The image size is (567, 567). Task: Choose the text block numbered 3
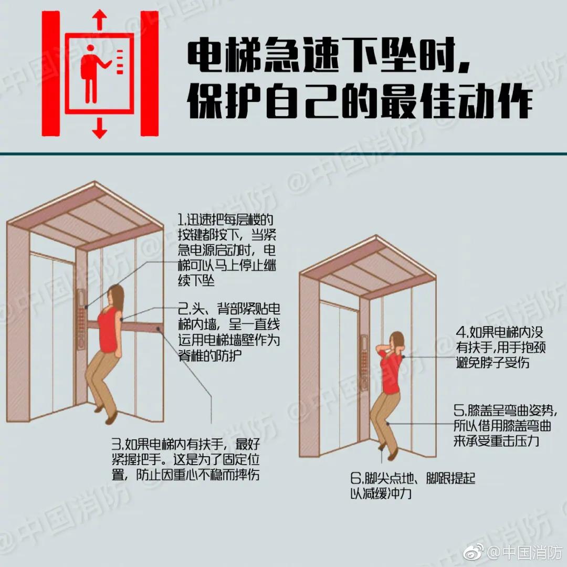point(186,460)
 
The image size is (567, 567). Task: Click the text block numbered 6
point(413,486)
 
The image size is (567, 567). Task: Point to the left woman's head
point(115,295)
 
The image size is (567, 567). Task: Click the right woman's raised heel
point(382,447)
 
